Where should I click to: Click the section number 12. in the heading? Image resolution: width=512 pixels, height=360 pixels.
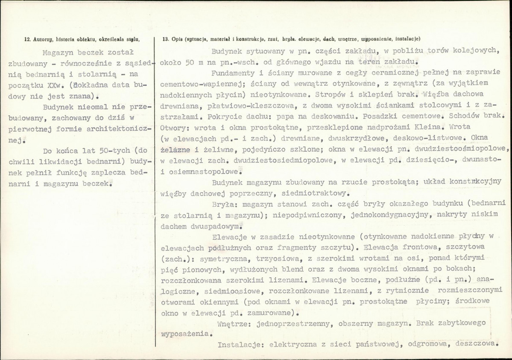(27, 39)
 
